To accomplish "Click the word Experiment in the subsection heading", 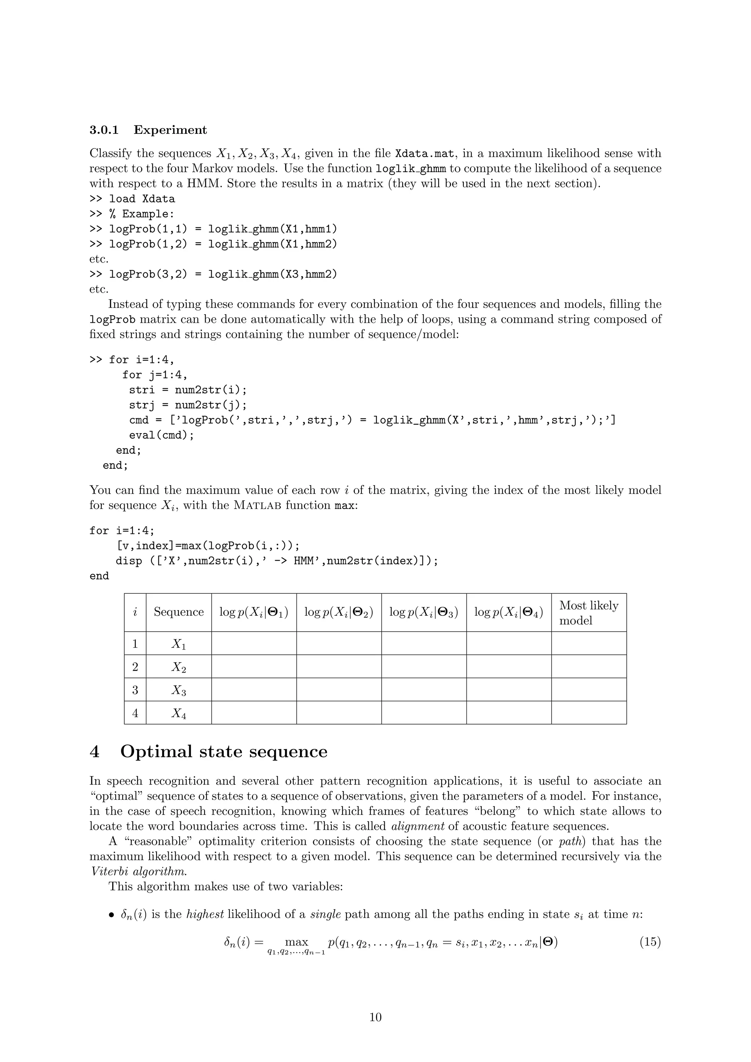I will tap(170, 130).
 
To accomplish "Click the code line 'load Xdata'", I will tap(142, 199).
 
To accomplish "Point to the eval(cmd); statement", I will tap(161, 435).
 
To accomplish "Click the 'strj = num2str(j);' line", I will tap(188, 405).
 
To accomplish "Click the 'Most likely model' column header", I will tap(588, 612).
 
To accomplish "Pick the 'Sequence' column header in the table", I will tap(179, 612).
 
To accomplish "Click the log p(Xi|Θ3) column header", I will tap(424, 612).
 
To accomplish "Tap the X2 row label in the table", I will tap(179, 667).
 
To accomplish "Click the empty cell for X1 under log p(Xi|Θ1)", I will tap(253, 644).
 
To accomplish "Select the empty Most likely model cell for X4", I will tap(588, 713).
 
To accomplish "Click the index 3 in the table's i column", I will tap(135, 690).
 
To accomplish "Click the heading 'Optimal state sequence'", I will tap(224, 752).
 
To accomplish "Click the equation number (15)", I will tap(650, 942).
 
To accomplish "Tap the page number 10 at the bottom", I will tap(375, 1017).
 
